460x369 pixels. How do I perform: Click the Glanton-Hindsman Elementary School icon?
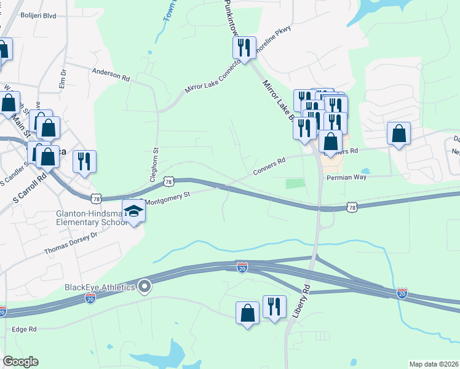pyautogui.click(x=132, y=212)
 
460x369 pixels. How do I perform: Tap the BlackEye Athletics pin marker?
pyautogui.click(x=145, y=286)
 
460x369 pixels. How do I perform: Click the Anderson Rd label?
pyautogui.click(x=111, y=74)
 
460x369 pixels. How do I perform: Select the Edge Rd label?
pyautogui.click(x=25, y=329)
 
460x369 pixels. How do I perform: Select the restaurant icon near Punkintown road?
pyautogui.click(x=244, y=48)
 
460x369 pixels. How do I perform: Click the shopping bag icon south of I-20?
pyautogui.click(x=247, y=313)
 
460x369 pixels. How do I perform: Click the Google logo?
pyautogui.click(x=20, y=362)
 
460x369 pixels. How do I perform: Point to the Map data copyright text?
pyautogui.click(x=434, y=364)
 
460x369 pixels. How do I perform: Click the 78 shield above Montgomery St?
pyautogui.click(x=170, y=182)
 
